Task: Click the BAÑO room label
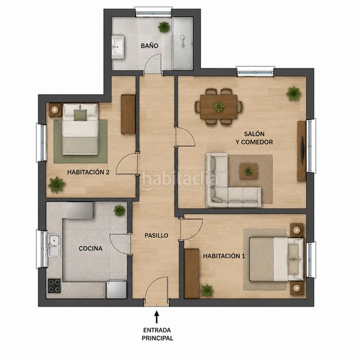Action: point(149,46)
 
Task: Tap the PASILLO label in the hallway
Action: point(157,235)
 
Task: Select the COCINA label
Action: point(91,248)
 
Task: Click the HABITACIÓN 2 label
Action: point(88,172)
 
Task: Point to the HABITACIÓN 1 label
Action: point(224,256)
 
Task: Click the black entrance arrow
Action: point(157,317)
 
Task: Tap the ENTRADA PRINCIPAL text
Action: point(157,334)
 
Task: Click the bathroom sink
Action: point(118,47)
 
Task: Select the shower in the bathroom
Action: point(182,44)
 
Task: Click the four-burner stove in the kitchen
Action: point(54,286)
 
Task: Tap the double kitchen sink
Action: point(54,245)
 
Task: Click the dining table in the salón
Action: point(218,107)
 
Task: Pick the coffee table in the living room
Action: point(248,171)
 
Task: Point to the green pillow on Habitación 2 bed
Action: point(80,115)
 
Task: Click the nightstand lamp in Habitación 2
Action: point(55,110)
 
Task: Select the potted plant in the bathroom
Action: point(164,27)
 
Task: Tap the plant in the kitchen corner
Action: point(119,211)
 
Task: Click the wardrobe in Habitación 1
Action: point(192,273)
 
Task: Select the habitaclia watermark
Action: point(179,179)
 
